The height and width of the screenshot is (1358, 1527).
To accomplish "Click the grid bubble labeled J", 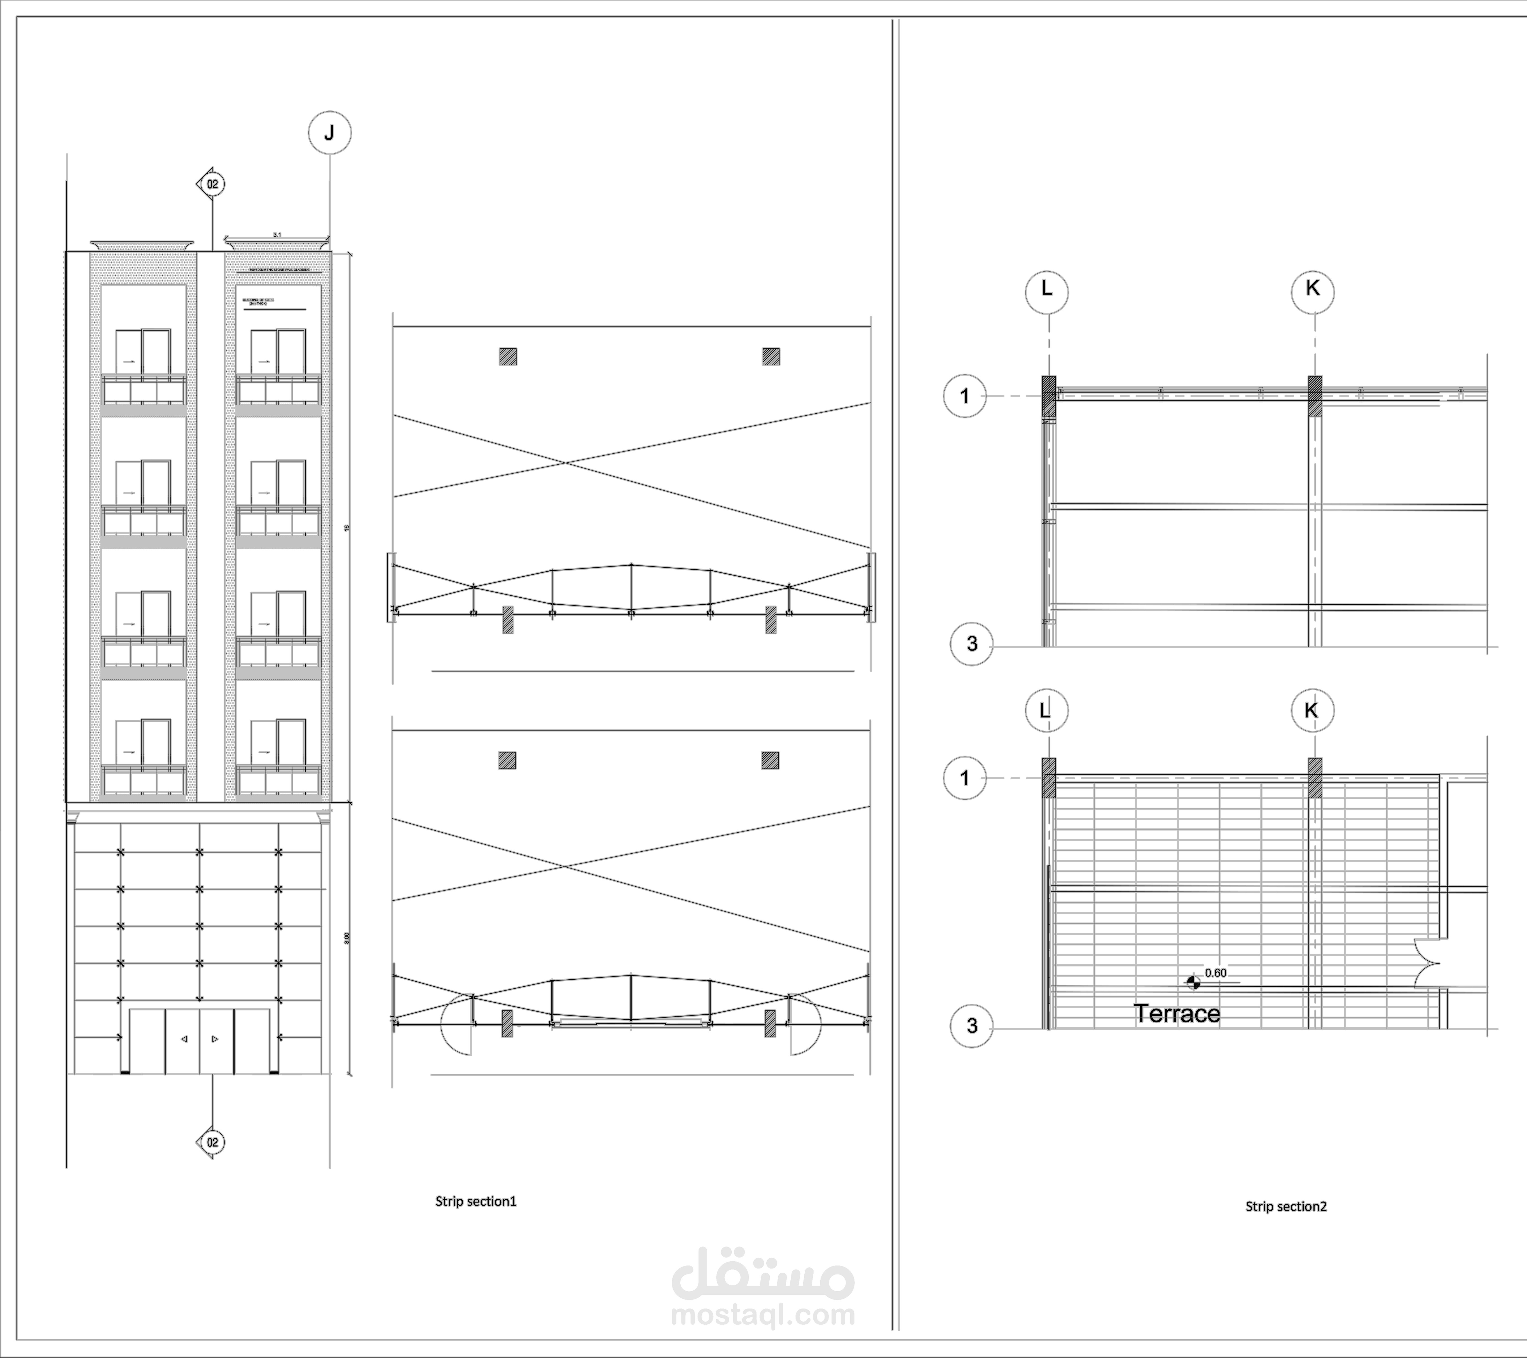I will tap(329, 133).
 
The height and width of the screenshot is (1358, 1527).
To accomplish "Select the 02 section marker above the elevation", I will tap(212, 184).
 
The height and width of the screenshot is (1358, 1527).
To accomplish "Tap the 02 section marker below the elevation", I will tap(212, 1142).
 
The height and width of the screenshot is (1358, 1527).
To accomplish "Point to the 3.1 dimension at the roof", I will tap(277, 235).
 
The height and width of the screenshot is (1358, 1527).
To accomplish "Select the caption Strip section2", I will tap(1286, 1226).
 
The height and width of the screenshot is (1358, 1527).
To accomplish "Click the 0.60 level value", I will tap(1215, 973).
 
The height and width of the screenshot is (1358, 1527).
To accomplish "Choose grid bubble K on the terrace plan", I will tap(1312, 710).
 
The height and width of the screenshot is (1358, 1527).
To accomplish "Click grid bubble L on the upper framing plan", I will tap(1047, 292).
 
